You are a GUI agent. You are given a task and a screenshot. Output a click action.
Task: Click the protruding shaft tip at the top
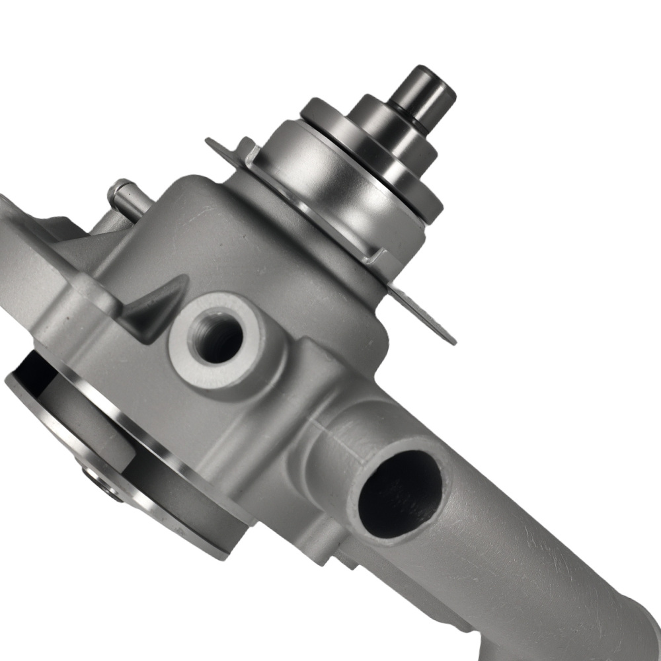tap(423, 86)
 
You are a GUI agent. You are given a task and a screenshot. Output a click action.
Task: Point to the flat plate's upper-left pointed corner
tap(210, 140)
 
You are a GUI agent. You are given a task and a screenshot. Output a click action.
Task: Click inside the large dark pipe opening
tap(400, 492)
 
